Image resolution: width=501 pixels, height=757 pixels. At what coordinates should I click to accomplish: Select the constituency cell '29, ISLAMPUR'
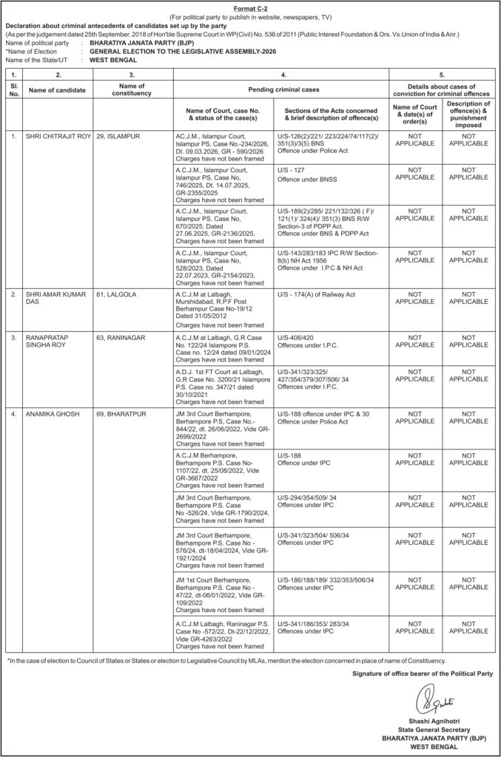(119, 137)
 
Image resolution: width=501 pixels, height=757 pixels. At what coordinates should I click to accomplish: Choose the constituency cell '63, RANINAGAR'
(123, 338)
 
